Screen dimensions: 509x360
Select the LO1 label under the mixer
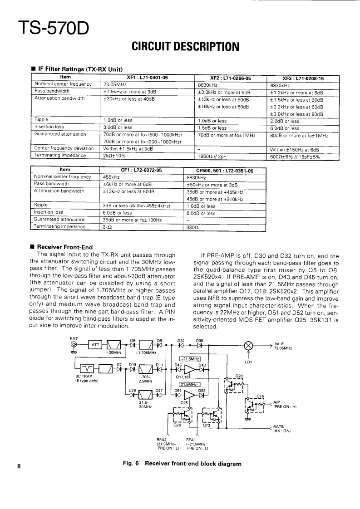(249, 362)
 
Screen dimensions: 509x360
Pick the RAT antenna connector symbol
(74, 345)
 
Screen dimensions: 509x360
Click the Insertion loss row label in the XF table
(49, 128)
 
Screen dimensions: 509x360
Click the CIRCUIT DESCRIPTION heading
(185, 46)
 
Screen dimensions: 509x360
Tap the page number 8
(19, 466)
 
